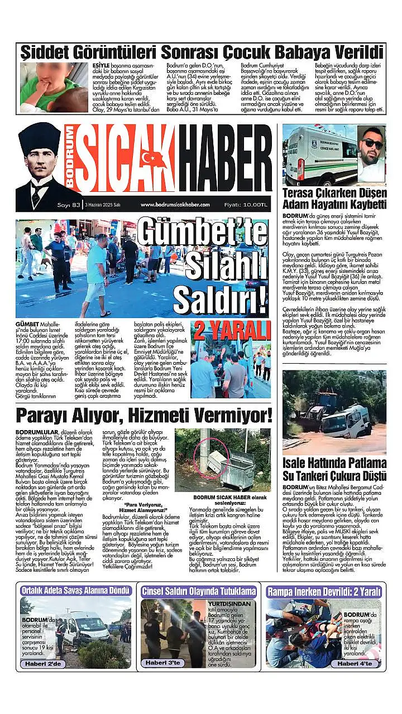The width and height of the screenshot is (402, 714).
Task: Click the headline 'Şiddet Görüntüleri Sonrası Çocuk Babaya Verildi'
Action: point(202,53)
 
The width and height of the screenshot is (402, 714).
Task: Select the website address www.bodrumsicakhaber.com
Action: point(175,205)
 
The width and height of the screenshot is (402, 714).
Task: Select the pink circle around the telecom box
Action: point(213,455)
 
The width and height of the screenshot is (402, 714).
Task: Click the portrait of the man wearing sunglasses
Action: point(371,155)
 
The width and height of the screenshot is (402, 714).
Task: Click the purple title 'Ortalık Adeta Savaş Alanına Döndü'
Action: point(75,591)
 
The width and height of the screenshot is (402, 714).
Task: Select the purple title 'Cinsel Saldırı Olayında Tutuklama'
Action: point(199,591)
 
